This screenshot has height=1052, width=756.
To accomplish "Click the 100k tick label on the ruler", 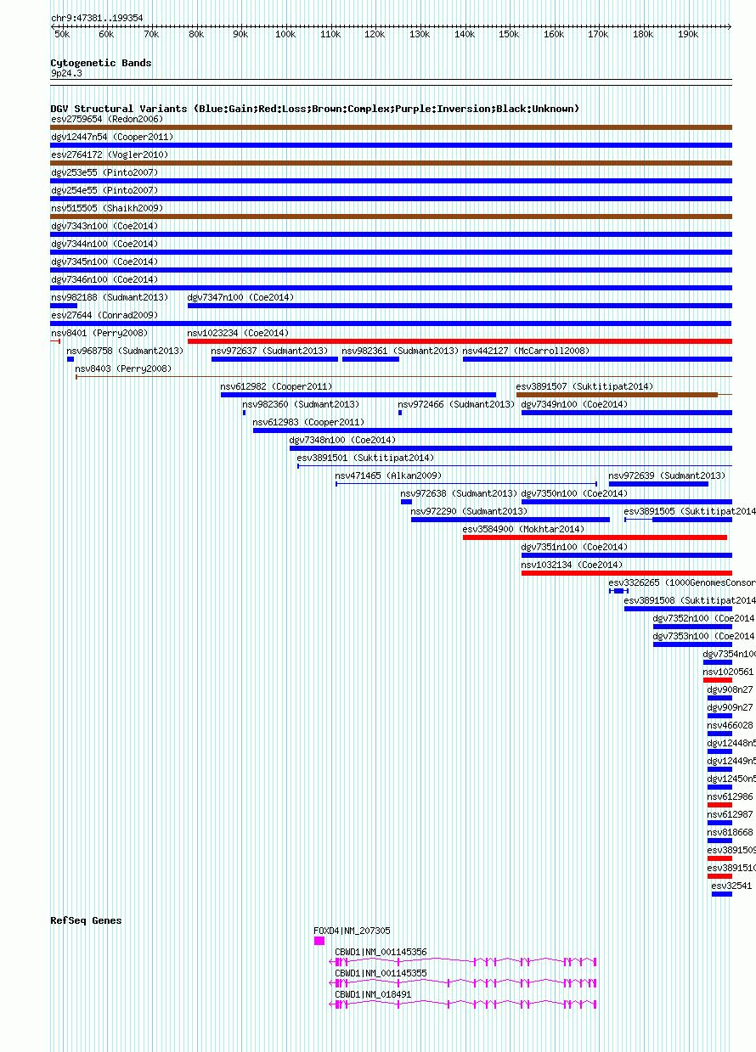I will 285,34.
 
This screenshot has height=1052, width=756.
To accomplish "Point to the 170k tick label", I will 598,34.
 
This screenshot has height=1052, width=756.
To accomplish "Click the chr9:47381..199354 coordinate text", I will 97,18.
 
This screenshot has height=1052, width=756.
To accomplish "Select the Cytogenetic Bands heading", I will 100,63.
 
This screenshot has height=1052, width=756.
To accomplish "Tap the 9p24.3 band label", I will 66,74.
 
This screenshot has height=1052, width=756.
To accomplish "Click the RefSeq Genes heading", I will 86,920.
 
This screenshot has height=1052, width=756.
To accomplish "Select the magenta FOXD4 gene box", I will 319,941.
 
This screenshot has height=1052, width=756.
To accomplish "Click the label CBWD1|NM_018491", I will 373,994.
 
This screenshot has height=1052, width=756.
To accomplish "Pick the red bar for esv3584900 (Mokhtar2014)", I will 595,537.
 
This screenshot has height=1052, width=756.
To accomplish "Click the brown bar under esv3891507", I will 617,395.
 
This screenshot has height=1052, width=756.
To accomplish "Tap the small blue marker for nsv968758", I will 71,359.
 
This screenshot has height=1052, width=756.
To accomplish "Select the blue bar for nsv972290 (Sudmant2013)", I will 510,520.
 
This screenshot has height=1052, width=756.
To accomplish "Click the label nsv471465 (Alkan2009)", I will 388,475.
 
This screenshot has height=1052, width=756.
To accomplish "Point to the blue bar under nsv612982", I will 358,395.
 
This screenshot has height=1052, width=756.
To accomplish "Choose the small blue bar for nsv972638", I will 406,502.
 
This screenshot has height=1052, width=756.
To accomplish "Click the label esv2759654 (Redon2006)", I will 93,119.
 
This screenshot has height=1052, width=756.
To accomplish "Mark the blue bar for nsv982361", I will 370,359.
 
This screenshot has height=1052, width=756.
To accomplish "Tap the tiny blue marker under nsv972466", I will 400,413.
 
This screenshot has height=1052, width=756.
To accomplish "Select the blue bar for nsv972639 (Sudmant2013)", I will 658,484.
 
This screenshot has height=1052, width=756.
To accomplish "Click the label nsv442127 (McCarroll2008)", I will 525,351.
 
